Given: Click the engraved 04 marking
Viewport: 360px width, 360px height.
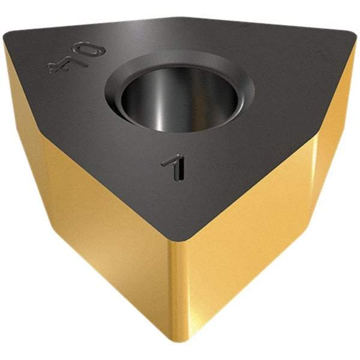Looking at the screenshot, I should (x=77, y=57).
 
